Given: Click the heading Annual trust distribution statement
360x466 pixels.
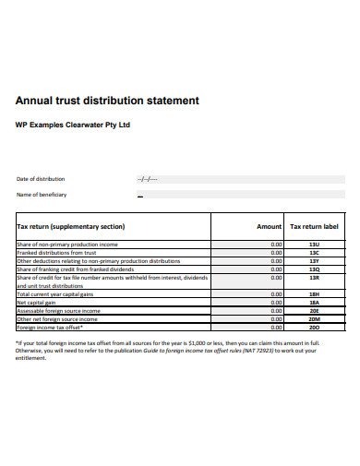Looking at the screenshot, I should click(x=107, y=100).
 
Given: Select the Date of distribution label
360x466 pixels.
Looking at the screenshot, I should click(x=42, y=179).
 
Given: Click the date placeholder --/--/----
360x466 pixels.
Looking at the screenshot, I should click(x=147, y=179).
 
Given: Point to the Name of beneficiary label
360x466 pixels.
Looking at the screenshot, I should click(x=42, y=195).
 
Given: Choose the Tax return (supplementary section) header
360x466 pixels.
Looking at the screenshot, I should click(x=71, y=226).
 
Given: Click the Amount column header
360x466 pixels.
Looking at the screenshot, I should click(x=269, y=226).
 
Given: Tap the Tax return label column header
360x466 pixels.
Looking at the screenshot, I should click(x=314, y=226).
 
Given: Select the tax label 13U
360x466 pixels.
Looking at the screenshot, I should click(x=314, y=245).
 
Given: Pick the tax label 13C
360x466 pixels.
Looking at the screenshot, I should click(x=314, y=253).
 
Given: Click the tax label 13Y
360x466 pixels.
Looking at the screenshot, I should click(x=314, y=261).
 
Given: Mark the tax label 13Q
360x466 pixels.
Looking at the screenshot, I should click(x=314, y=269).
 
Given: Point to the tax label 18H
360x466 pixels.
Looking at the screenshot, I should click(x=314, y=293).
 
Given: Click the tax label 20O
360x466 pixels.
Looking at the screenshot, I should click(x=314, y=328).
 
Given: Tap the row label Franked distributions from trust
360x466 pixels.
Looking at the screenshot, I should click(x=57, y=253).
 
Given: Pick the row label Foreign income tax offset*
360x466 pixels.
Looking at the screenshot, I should click(x=50, y=328).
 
